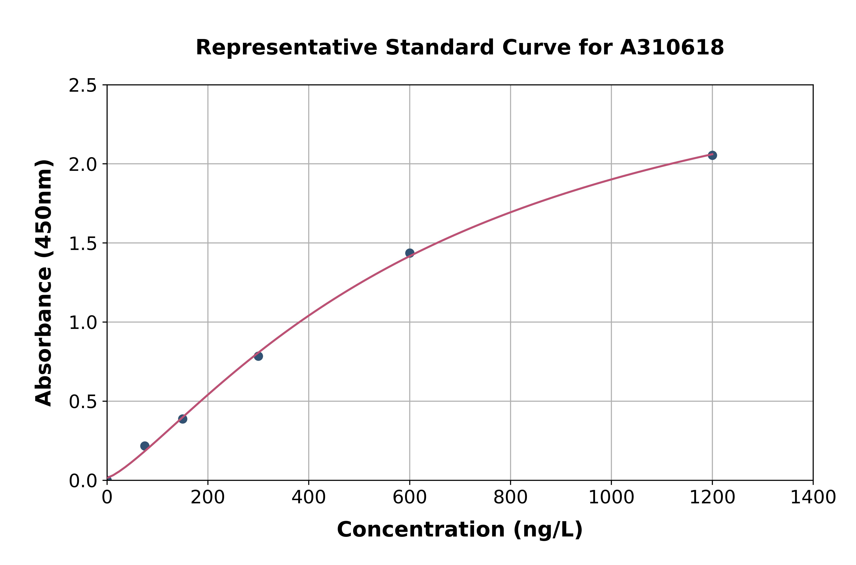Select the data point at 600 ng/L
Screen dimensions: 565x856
point(410,253)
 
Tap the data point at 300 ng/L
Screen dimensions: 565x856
point(258,356)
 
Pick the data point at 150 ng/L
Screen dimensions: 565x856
point(183,419)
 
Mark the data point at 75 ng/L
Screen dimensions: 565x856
point(145,446)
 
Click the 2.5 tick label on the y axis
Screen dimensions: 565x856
point(83,86)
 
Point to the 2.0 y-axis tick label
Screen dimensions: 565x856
point(83,165)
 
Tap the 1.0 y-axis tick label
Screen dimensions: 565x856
point(83,323)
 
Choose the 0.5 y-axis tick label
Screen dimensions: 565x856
point(83,402)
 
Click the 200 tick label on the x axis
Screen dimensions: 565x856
point(208,498)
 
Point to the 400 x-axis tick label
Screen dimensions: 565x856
point(309,498)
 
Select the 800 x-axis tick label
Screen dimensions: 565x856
point(511,498)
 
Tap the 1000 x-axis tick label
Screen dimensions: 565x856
point(611,498)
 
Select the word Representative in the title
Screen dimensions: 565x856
point(286,48)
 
